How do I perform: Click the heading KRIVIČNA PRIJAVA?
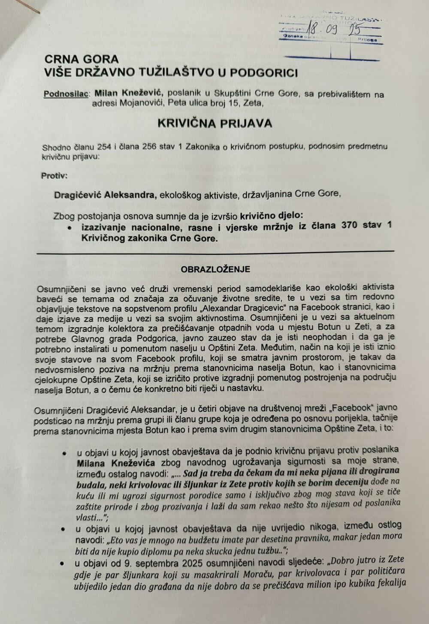[x=214, y=124]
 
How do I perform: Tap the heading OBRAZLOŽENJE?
[x=215, y=269]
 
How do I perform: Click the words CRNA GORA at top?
[x=82, y=59]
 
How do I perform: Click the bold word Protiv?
[x=54, y=175]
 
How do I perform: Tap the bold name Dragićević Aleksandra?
[x=105, y=195]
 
